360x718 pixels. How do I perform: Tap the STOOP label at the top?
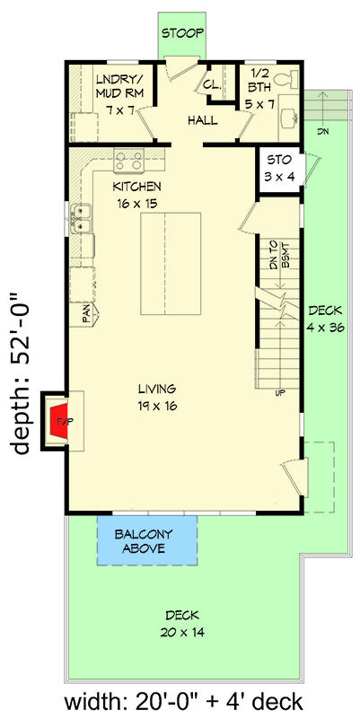[180, 33]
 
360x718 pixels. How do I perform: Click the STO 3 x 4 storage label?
[277, 169]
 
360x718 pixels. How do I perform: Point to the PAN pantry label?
[87, 313]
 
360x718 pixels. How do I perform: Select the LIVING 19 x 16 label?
[157, 397]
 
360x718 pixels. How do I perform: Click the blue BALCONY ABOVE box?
[146, 541]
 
